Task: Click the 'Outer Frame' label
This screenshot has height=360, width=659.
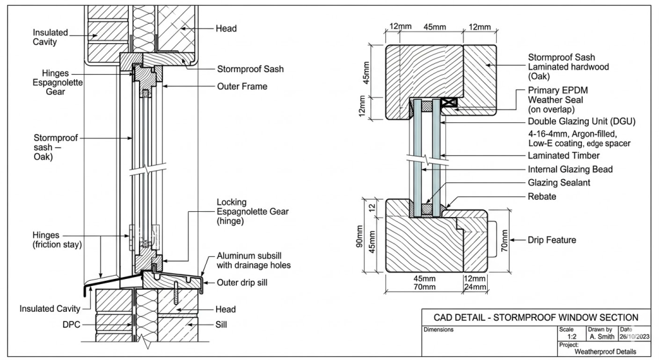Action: pyautogui.click(x=242, y=86)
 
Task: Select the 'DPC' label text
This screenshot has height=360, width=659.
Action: pyautogui.click(x=71, y=324)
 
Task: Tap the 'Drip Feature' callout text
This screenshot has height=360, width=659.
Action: pyautogui.click(x=552, y=240)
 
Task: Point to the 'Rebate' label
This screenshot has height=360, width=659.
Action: pyautogui.click(x=542, y=196)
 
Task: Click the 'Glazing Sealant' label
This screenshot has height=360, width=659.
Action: pyautogui.click(x=559, y=183)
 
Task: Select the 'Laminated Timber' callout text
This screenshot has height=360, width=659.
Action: pyautogui.click(x=563, y=155)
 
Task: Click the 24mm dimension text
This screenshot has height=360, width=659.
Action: pyautogui.click(x=475, y=287)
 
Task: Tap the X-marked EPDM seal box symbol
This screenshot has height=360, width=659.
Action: pyautogui.click(x=448, y=101)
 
